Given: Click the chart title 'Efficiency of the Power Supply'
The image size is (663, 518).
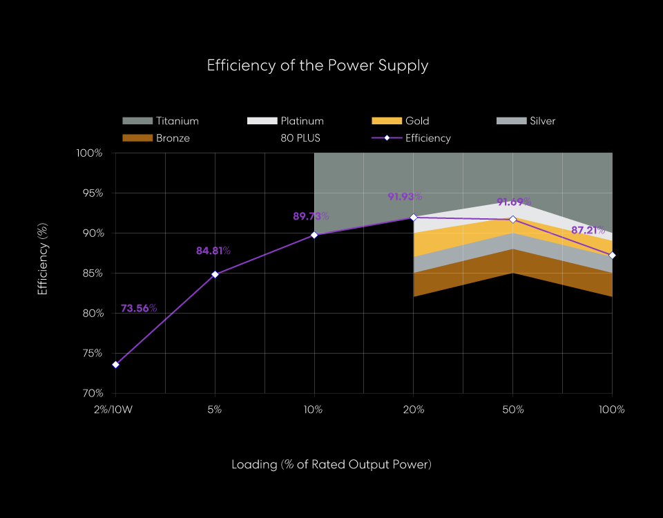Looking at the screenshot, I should [x=318, y=66].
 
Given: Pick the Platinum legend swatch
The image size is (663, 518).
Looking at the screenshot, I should [x=262, y=121].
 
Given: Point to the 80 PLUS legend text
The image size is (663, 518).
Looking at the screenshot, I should [x=300, y=138].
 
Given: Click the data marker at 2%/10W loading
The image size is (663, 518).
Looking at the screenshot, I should [x=115, y=365].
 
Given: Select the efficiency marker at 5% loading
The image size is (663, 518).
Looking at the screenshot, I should [x=215, y=274].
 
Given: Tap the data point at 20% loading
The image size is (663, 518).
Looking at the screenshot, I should [x=414, y=218].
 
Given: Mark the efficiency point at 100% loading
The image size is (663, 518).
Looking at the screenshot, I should [x=612, y=256].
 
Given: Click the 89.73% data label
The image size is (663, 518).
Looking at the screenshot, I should [x=311, y=216].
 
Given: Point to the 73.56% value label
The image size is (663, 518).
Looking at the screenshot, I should [x=139, y=308].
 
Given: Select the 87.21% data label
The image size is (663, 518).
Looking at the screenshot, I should [x=589, y=230].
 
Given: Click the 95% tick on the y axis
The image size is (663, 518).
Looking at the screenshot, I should [x=90, y=193].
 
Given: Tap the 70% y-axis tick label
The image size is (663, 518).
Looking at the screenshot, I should [x=90, y=393].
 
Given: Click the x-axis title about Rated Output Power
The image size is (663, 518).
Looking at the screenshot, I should [x=331, y=464].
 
